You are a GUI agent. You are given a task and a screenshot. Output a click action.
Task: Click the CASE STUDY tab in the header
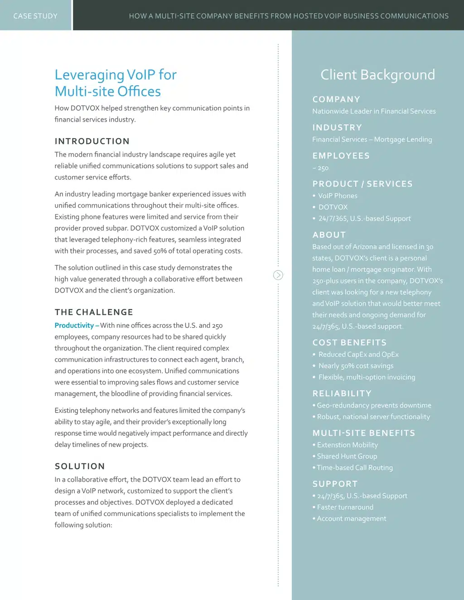coord(35,16)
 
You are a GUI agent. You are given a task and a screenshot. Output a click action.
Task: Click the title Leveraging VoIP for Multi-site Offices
coord(115,83)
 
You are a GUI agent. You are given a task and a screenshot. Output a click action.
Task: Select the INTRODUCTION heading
coord(92,141)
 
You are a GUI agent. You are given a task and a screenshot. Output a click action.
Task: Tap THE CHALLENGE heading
coord(94,312)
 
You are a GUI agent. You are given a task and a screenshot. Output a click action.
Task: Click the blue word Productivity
coord(74,325)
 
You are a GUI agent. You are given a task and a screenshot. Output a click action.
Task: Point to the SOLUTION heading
coord(80,466)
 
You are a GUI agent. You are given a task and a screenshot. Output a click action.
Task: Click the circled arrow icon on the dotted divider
coord(278,275)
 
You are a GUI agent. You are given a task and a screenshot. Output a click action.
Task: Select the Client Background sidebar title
coord(377,75)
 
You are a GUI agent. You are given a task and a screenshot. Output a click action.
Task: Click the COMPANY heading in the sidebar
coord(336,99)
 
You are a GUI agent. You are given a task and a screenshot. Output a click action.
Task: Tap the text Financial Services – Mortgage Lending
coord(372,139)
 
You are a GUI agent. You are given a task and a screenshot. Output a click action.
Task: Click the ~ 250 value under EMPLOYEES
coord(320,168)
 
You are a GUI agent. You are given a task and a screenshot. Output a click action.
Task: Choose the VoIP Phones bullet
coord(338,196)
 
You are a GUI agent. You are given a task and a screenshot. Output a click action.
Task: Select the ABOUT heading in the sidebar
coord(329,235)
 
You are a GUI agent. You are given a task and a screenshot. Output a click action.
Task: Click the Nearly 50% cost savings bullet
coord(356,366)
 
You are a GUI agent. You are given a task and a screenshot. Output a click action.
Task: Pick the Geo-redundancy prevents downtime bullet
coord(374,405)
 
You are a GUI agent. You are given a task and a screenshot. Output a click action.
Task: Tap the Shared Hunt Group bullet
coord(347,456)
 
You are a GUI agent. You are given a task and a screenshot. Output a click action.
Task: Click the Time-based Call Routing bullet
coord(354,467)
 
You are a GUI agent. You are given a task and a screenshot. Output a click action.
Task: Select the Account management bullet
coord(351,518)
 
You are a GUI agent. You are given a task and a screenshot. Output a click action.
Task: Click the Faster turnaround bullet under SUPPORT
coord(345,507)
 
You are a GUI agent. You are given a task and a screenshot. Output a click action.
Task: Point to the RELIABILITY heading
coord(342,394)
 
